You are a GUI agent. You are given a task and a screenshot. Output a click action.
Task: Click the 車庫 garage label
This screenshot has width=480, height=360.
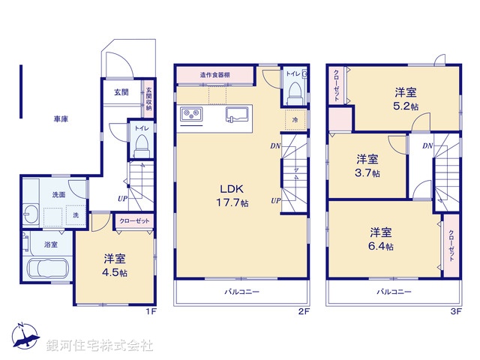pyautogui.click(x=61, y=118)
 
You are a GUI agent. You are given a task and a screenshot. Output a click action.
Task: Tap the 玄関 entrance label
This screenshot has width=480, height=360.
pyautogui.click(x=121, y=92)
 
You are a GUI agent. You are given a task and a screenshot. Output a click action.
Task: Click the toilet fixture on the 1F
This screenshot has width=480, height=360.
pyautogui.click(x=140, y=148)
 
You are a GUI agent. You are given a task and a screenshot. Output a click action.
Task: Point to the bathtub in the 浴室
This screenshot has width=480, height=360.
pyautogui.click(x=48, y=268)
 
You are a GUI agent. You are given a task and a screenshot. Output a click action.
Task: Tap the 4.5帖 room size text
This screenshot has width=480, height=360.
pyautogui.click(x=115, y=273)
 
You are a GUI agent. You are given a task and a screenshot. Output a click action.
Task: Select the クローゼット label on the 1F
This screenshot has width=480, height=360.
pyautogui.click(x=134, y=221)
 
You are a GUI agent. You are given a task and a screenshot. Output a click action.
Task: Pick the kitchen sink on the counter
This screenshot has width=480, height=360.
pyautogui.click(x=238, y=115)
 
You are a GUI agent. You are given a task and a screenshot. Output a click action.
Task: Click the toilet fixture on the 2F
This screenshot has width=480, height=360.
pyautogui.click(x=294, y=91)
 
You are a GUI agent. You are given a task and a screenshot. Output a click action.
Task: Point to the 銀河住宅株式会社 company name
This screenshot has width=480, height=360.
pyautogui.click(x=100, y=346)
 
